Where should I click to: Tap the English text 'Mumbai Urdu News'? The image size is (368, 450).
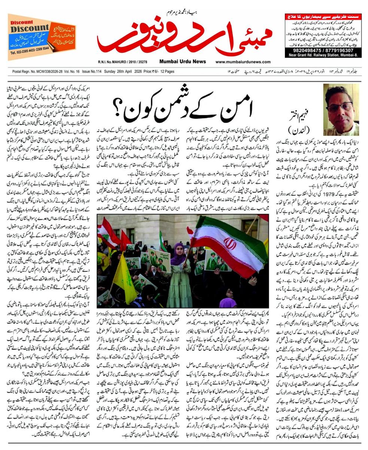point(182,62)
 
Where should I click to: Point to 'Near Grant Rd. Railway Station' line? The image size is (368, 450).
point(323,55)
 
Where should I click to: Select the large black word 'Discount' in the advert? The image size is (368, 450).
point(30,28)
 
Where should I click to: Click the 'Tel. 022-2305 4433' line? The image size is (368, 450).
point(30,53)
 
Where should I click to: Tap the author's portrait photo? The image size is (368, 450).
point(341,109)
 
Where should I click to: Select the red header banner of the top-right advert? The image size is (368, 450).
point(323,16)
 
